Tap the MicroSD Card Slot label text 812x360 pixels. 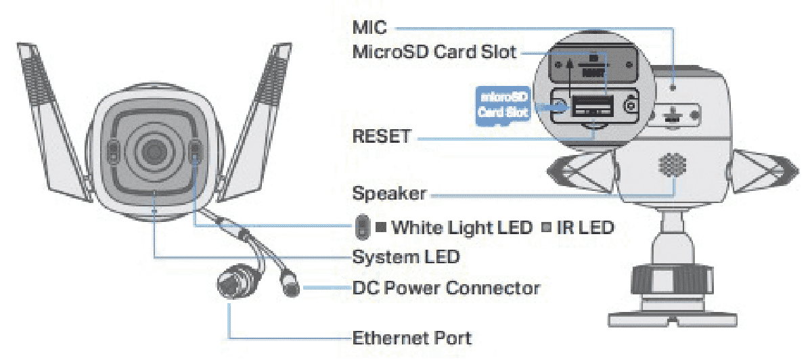click(x=434, y=52)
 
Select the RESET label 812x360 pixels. click(x=381, y=137)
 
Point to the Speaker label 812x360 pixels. click(x=389, y=194)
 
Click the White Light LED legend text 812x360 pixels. click(x=462, y=227)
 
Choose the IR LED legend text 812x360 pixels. click(x=585, y=227)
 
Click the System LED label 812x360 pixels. click(x=406, y=256)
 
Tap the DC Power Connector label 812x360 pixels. click(x=446, y=288)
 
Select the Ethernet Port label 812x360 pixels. click(x=412, y=336)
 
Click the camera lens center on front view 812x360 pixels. click(x=153, y=150)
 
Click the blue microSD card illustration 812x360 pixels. click(x=503, y=103)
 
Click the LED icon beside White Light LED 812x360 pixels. click(x=362, y=227)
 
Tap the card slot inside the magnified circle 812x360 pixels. click(x=593, y=106)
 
